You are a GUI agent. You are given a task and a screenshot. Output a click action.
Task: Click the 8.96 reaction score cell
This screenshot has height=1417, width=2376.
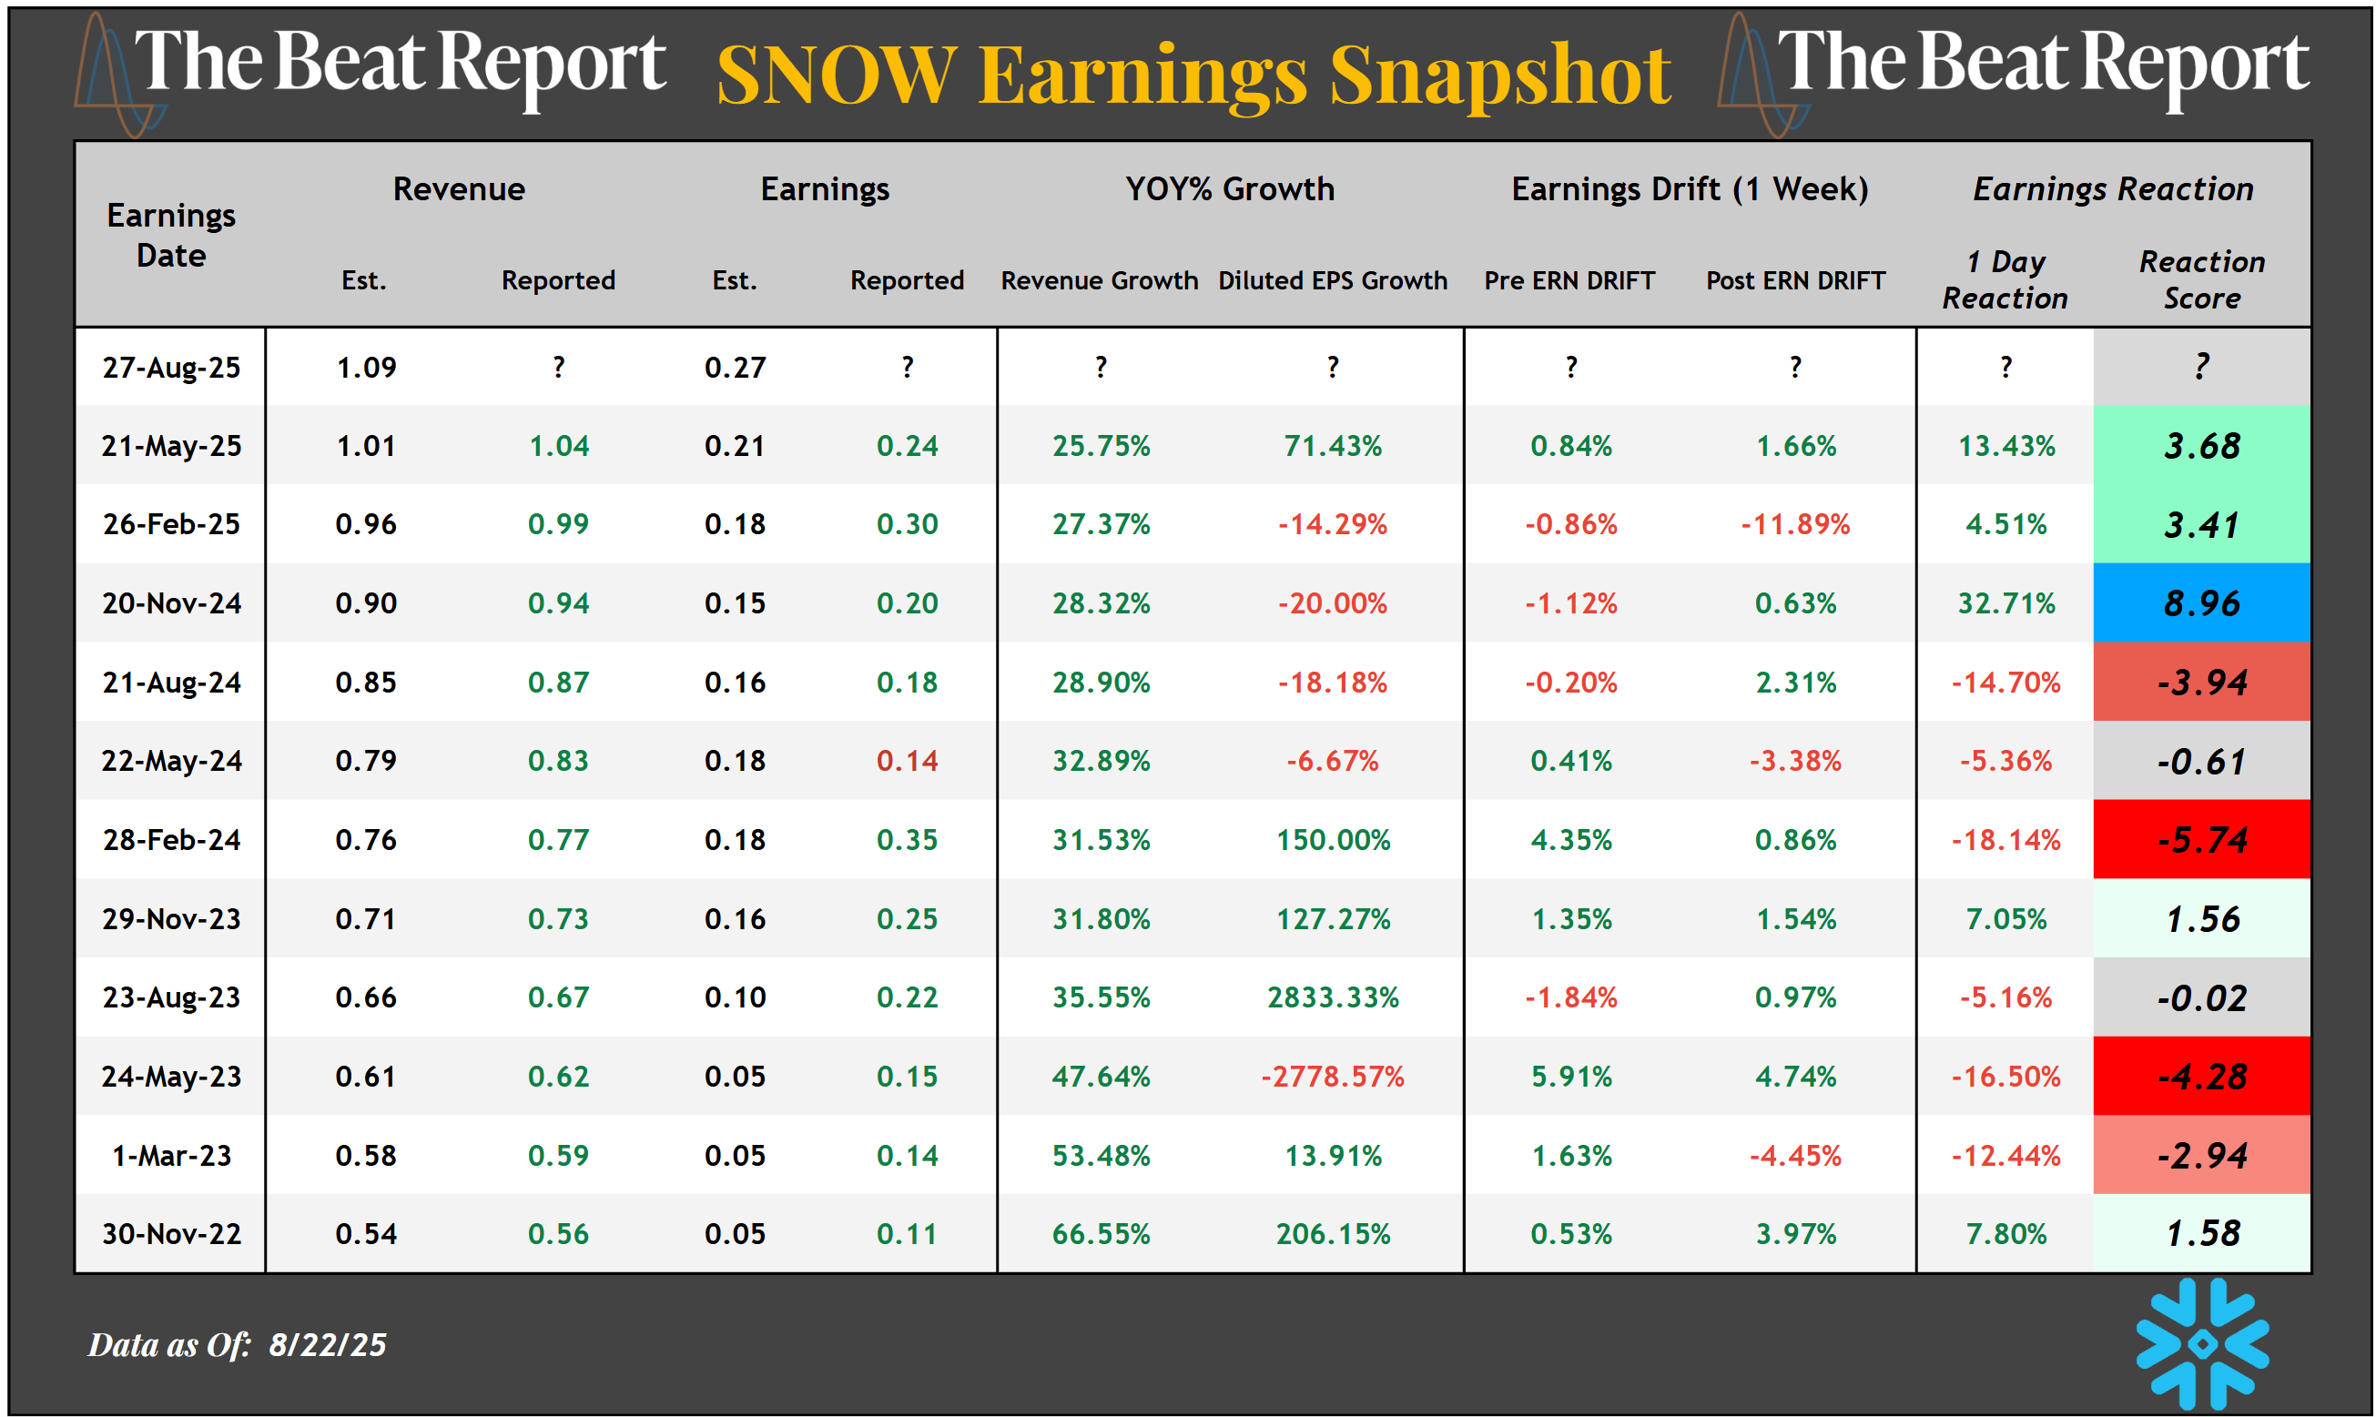(x=2200, y=603)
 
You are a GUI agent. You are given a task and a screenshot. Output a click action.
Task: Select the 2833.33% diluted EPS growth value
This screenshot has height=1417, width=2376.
(x=1332, y=997)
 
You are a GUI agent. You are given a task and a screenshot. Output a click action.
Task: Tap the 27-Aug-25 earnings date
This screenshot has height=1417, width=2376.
(x=171, y=368)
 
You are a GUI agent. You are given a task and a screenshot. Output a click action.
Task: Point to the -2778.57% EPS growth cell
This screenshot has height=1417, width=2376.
(x=1332, y=1077)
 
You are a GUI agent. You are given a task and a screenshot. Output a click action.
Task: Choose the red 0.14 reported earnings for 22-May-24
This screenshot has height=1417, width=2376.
(x=907, y=761)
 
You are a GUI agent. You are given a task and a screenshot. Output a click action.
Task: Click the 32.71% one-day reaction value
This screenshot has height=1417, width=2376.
(x=2005, y=603)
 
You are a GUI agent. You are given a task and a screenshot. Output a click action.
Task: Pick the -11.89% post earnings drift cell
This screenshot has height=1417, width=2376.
(x=1794, y=524)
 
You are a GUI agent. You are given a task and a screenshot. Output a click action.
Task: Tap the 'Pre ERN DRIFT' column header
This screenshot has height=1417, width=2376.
(x=1569, y=280)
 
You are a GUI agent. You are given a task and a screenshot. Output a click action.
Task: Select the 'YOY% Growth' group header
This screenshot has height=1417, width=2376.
(x=1229, y=189)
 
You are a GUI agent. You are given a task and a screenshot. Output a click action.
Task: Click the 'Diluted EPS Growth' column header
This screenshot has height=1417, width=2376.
(x=1332, y=280)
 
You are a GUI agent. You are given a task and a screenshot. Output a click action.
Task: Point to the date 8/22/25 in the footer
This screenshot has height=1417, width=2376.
(x=327, y=1344)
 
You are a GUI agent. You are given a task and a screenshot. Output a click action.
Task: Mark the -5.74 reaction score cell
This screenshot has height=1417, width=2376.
(x=2200, y=840)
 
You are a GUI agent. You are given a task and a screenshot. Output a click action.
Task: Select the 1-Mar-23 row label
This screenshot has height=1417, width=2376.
(x=171, y=1157)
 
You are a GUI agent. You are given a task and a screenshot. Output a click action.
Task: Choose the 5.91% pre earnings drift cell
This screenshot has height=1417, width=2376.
(x=1571, y=1077)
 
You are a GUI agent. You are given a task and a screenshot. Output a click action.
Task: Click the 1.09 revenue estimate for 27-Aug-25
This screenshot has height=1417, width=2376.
(x=366, y=368)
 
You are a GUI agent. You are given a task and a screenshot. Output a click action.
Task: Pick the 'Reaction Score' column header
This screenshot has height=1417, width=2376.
(x=2201, y=279)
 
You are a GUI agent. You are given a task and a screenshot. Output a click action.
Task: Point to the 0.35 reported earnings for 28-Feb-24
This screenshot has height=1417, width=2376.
(x=907, y=840)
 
